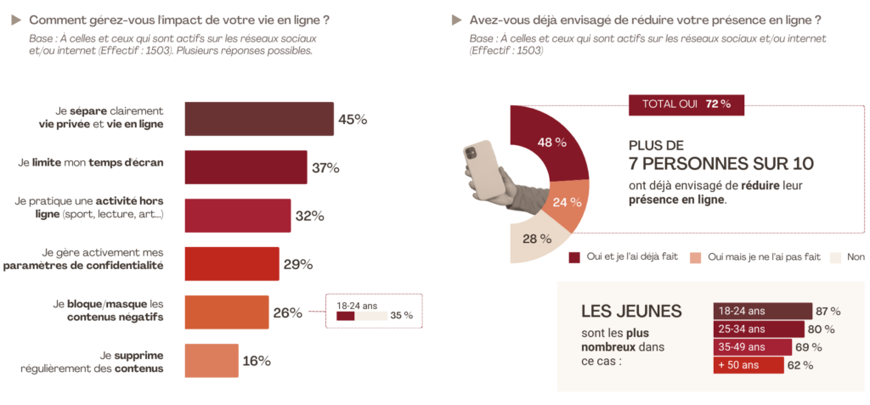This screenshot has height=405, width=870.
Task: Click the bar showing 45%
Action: [x=258, y=119]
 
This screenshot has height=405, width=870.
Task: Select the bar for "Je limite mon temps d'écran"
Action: [x=245, y=167]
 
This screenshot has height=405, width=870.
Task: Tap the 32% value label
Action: [x=309, y=216]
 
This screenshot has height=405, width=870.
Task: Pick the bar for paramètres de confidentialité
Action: [x=231, y=264]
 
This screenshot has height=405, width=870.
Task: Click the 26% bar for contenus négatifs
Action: [x=226, y=312]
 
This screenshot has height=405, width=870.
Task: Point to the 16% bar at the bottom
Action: [x=211, y=361]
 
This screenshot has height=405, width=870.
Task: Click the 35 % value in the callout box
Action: [x=401, y=316]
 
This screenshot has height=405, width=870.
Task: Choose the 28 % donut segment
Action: [x=531, y=239]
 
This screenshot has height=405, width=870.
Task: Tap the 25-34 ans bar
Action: [x=759, y=329]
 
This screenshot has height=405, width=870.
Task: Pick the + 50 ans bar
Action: [x=748, y=365]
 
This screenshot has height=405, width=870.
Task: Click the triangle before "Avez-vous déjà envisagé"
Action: [x=456, y=19]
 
